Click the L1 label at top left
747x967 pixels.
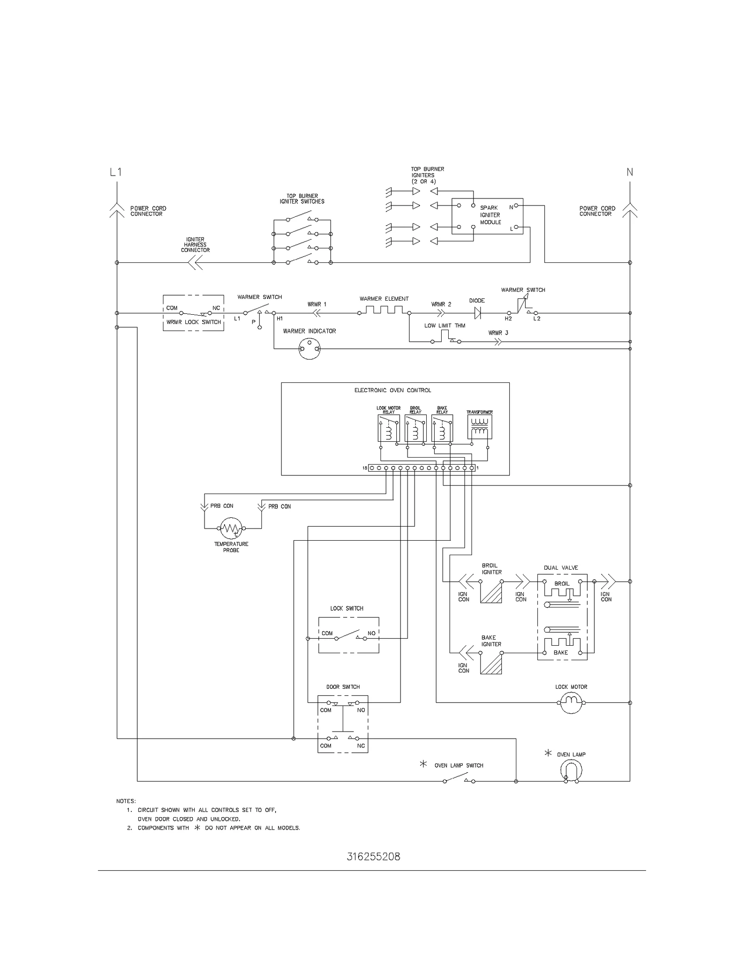(116, 172)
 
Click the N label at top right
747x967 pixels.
(629, 172)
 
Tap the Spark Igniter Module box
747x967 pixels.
(487, 216)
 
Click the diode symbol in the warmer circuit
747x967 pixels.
(477, 313)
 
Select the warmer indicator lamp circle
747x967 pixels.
(310, 348)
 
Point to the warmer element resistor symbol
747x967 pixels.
(384, 310)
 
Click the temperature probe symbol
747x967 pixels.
(231, 529)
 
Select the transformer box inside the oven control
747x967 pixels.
(479, 427)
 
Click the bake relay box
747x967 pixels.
(442, 428)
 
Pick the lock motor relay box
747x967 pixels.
(388, 428)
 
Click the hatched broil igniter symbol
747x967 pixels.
(491, 592)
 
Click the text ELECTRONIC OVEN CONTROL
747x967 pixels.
(393, 390)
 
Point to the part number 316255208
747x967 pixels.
(373, 857)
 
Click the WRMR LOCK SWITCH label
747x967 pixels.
(193, 322)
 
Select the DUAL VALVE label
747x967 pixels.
(561, 568)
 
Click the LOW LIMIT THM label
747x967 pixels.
(444, 326)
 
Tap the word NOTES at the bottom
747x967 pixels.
(126, 801)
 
